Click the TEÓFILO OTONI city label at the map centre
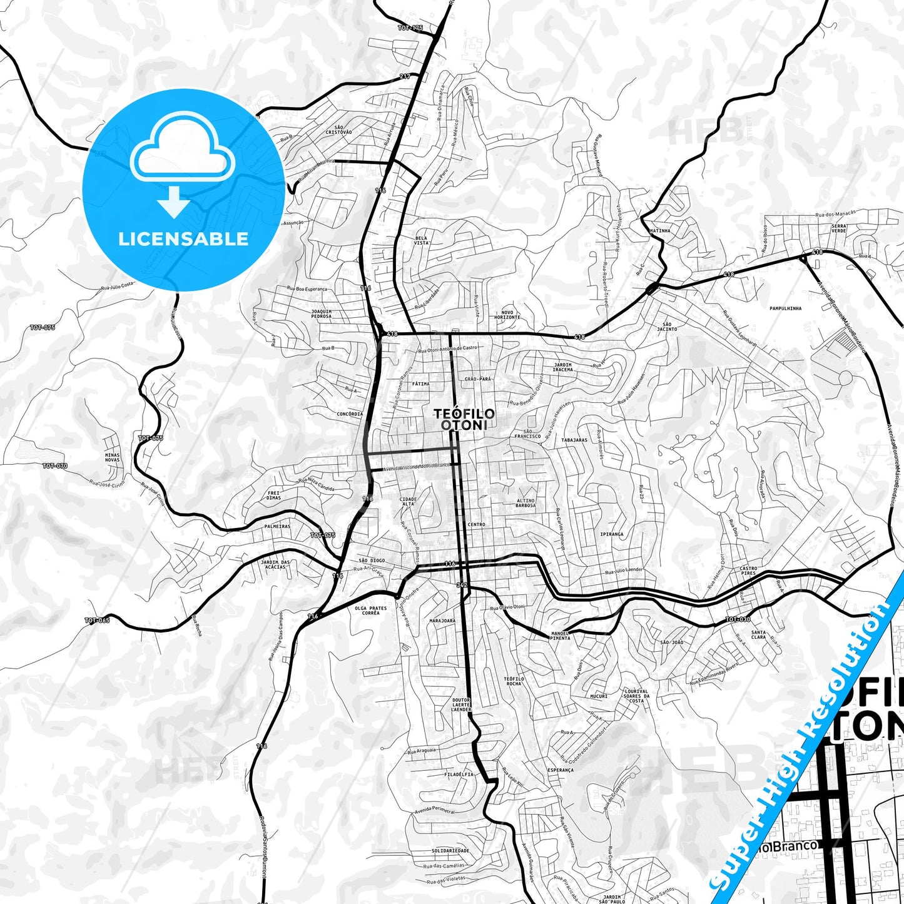click(464, 419)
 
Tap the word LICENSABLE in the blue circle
click(183, 238)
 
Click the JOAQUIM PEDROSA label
click(321, 313)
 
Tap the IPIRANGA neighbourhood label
click(611, 534)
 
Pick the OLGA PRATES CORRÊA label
click(370, 611)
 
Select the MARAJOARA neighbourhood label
click(442, 621)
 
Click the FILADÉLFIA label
click(458, 774)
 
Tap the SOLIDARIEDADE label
click(450, 851)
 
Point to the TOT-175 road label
click(410, 28)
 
